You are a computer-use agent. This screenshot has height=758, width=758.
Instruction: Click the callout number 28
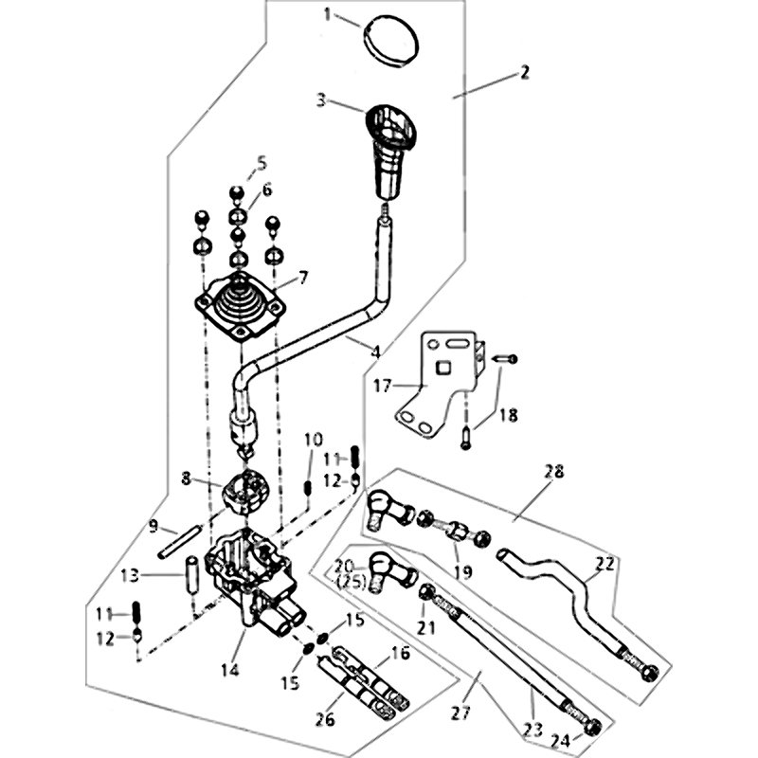tap(553, 470)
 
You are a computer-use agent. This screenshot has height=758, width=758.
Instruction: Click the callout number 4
tap(375, 351)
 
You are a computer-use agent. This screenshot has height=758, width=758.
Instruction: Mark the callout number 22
tap(605, 563)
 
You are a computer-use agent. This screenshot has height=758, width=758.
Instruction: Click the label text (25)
tap(350, 579)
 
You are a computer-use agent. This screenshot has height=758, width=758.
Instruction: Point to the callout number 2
tap(524, 72)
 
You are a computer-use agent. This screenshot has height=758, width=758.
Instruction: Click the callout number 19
tap(461, 571)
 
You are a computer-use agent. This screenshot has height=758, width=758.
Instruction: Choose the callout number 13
tap(130, 573)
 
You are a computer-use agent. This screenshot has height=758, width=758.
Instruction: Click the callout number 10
tap(313, 440)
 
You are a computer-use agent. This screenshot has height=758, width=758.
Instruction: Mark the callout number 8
tap(186, 479)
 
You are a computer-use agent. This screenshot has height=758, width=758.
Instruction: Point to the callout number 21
tap(424, 626)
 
